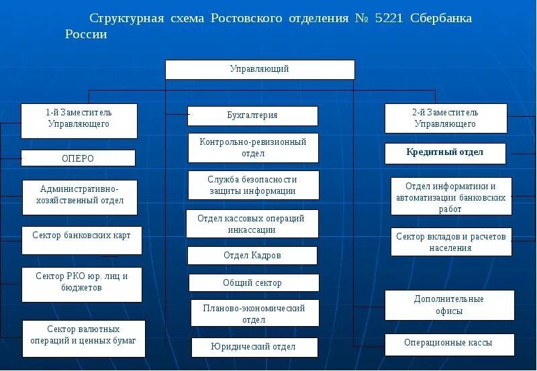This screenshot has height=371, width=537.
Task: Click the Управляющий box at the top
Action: tap(260, 69)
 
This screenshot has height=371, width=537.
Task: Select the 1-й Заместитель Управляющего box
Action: tap(79, 121)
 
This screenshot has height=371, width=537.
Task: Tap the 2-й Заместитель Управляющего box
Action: tap(445, 118)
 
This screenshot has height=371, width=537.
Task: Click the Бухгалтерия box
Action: tap(252, 115)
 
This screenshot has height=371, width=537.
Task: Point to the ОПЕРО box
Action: tap(78, 158)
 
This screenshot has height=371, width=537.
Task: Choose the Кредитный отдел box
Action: tap(444, 152)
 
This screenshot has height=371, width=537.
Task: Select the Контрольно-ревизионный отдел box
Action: tap(252, 148)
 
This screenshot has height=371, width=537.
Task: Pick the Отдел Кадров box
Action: tap(252, 256)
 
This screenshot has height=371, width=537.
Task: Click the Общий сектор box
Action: tap(252, 283)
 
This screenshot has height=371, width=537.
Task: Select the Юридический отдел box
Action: tap(252, 347)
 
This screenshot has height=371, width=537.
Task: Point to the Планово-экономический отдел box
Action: tap(254, 313)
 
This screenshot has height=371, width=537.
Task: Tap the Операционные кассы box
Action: tap(448, 343)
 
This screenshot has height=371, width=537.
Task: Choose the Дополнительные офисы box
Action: tap(448, 305)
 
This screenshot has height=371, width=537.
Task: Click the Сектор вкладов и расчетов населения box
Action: tap(450, 242)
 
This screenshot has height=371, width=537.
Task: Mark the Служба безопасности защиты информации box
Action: tap(252, 185)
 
